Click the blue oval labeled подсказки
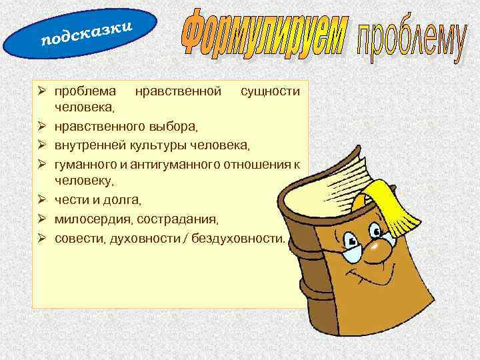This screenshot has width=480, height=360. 81,33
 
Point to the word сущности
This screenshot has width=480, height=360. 269,90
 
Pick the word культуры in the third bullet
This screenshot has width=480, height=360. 166,145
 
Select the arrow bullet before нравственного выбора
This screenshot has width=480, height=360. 41,125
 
